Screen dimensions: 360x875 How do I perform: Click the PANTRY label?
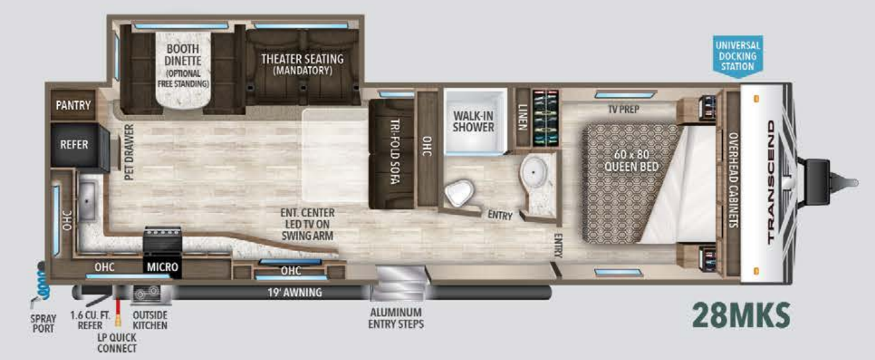tap(74, 105)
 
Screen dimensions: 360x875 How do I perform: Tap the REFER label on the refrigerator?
tap(74, 144)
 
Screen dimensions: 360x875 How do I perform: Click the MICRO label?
tap(163, 267)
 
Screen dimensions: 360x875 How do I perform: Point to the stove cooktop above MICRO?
tap(163, 240)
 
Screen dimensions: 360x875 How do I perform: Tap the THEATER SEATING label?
tap(303, 64)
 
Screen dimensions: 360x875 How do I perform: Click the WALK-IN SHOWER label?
tap(474, 121)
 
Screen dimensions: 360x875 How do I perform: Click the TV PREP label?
tap(623, 110)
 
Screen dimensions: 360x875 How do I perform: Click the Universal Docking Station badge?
tap(738, 55)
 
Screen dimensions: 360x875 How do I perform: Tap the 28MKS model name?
tap(740, 315)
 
